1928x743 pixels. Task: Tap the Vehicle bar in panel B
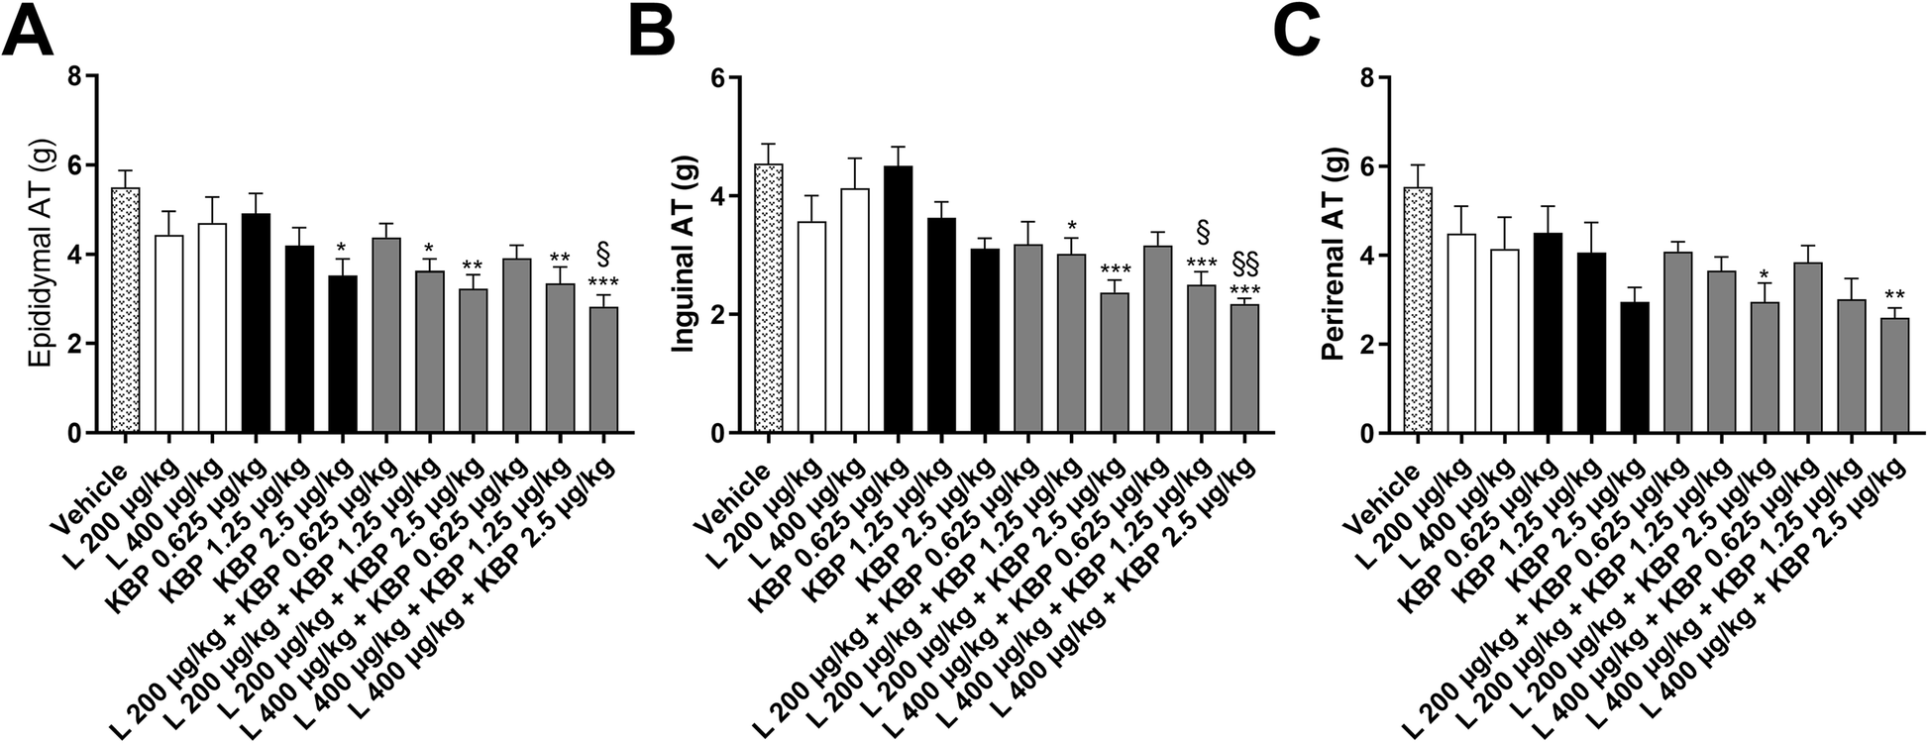click(x=769, y=298)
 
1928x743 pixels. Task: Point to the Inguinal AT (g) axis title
click(x=683, y=255)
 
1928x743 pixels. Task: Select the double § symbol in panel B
click(x=1244, y=264)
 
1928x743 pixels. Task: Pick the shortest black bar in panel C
click(x=1635, y=368)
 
